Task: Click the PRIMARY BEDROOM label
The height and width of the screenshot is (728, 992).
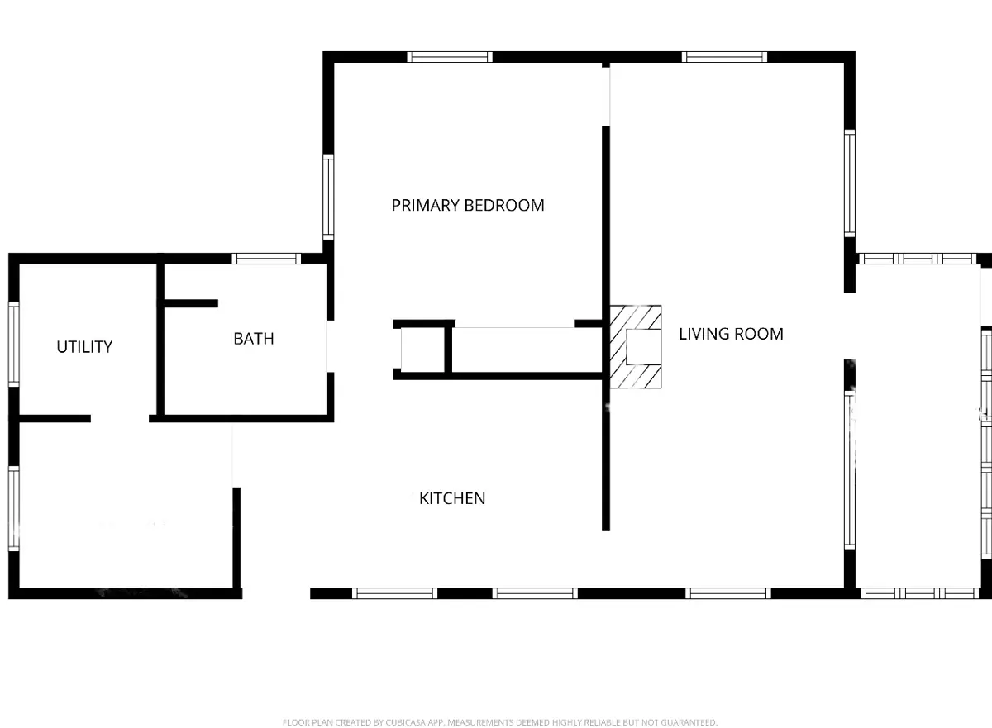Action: pos(468,206)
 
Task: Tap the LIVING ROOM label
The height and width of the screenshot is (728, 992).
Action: pos(731,334)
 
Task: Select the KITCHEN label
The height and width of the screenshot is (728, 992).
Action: pos(452,499)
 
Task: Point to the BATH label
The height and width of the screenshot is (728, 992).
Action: pos(253,339)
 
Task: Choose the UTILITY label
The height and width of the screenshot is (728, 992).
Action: pos(84,347)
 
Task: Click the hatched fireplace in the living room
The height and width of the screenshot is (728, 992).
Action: pos(635,347)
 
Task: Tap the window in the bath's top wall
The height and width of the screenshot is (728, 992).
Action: pos(266,259)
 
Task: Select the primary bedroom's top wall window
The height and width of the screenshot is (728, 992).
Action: pos(450,57)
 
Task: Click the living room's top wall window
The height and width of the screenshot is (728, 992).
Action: pos(724,57)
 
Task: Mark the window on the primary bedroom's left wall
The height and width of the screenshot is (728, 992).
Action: pos(328,197)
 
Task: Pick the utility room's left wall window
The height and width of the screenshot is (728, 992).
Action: pos(14,345)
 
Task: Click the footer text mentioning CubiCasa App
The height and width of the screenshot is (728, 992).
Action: pos(499,722)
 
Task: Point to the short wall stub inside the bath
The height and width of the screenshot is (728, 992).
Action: pos(191,303)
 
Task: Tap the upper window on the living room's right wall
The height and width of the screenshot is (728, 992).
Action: pos(850,183)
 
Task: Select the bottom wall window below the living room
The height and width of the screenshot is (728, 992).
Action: pos(728,593)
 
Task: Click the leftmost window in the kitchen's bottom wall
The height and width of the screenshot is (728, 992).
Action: pos(394,593)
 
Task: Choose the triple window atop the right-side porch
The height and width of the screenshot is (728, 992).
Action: pos(918,259)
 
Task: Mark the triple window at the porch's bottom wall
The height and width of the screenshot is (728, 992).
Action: pos(919,593)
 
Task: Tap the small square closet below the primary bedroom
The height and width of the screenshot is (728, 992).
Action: pos(423,349)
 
